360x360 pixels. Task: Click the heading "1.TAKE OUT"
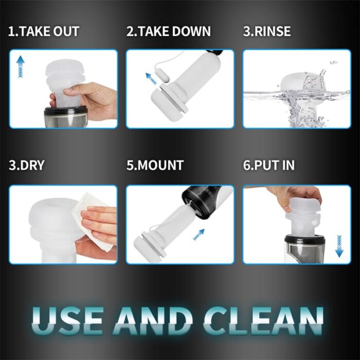pos(44,31)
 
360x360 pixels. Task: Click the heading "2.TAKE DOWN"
pos(169,31)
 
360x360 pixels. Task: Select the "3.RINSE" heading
pos(267,31)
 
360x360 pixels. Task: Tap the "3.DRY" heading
pos(27,165)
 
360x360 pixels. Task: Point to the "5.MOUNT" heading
pos(155,165)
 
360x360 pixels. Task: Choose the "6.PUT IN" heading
pos(268,165)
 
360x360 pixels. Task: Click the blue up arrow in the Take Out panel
pos(21,66)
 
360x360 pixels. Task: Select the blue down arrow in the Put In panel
pos(339,246)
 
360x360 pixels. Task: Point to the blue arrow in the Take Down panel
pos(152,79)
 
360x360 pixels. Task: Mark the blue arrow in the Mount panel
pos(199,235)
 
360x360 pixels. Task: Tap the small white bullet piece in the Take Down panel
pos(165,77)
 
